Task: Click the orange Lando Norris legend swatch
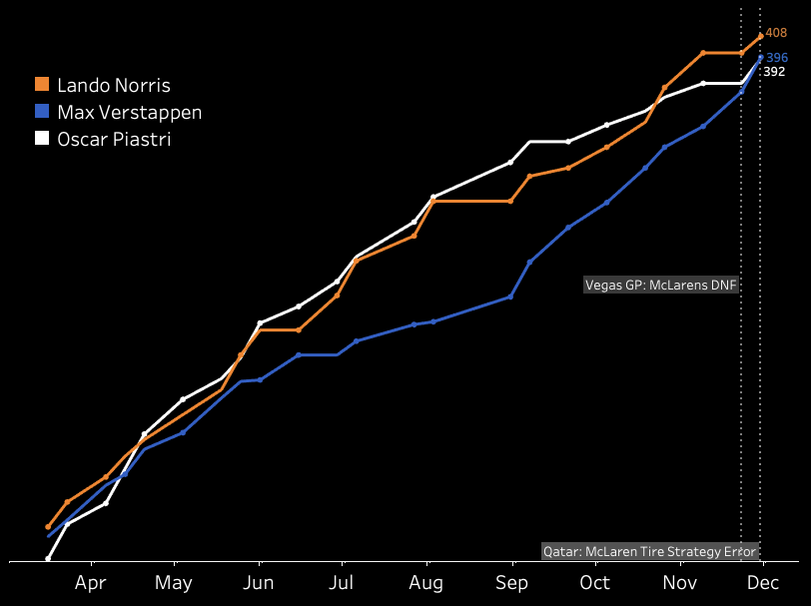tap(42, 86)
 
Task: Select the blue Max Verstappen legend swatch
tap(42, 112)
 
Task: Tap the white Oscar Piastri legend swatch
tap(42, 139)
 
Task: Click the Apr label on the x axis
tap(91, 583)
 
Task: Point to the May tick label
tap(174, 583)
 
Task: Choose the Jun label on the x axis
tap(259, 583)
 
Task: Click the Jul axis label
tap(342, 583)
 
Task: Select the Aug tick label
tap(426, 583)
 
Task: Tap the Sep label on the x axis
tap(511, 583)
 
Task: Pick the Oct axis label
tap(594, 583)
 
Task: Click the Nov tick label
tap(679, 583)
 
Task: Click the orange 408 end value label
tap(776, 33)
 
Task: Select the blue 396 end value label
tap(777, 58)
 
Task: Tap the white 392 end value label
tap(774, 72)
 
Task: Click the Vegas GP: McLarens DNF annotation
tap(660, 286)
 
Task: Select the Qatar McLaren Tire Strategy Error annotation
tap(650, 551)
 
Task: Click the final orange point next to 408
tap(761, 37)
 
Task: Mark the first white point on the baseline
tap(48, 558)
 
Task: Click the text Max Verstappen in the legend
tap(129, 112)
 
